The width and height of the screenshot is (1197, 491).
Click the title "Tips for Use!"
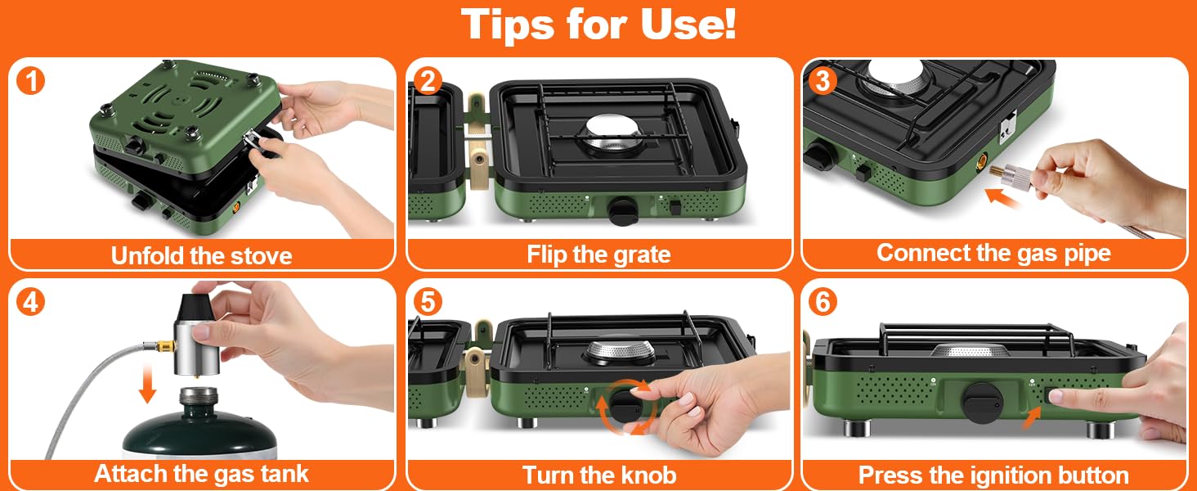point(598,25)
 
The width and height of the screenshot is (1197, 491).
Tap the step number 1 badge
point(31,81)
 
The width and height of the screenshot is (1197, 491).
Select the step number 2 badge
point(428,81)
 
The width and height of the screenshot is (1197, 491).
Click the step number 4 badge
point(31,301)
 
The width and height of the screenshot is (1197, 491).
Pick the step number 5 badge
point(428,301)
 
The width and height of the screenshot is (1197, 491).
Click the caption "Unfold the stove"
point(201,255)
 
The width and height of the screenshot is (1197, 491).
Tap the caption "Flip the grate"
point(598,255)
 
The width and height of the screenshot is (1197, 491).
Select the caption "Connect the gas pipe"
point(993,253)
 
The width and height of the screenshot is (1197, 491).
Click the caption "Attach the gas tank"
point(201,474)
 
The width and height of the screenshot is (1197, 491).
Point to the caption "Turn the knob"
point(598,475)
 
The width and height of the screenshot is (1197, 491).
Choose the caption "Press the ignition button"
point(993,475)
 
